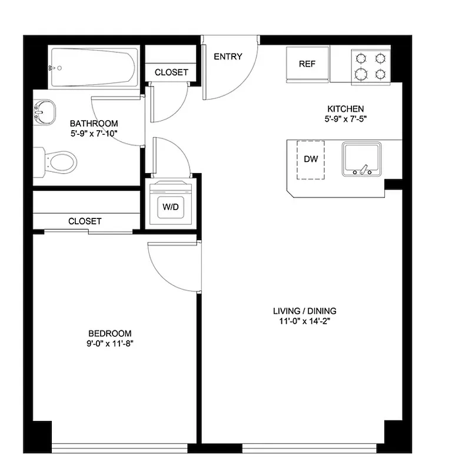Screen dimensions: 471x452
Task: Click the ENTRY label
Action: click(x=228, y=57)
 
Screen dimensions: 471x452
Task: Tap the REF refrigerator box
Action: click(x=307, y=64)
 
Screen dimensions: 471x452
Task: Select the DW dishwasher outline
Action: click(x=311, y=158)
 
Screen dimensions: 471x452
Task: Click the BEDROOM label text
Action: click(x=110, y=333)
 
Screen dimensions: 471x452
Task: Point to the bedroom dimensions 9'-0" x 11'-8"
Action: click(x=110, y=343)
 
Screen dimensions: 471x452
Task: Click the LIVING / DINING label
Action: click(x=304, y=311)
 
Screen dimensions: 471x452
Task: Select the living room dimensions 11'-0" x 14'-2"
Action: click(x=304, y=321)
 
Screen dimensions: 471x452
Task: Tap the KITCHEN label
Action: click(x=345, y=109)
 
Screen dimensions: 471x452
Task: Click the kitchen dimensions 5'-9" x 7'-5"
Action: click(x=345, y=119)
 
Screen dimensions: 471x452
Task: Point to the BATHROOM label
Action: click(x=94, y=124)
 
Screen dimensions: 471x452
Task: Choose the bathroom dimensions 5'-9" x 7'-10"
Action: click(x=94, y=134)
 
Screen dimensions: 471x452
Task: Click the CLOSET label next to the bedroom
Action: click(x=85, y=221)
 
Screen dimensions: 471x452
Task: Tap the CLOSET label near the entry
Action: click(x=171, y=72)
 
